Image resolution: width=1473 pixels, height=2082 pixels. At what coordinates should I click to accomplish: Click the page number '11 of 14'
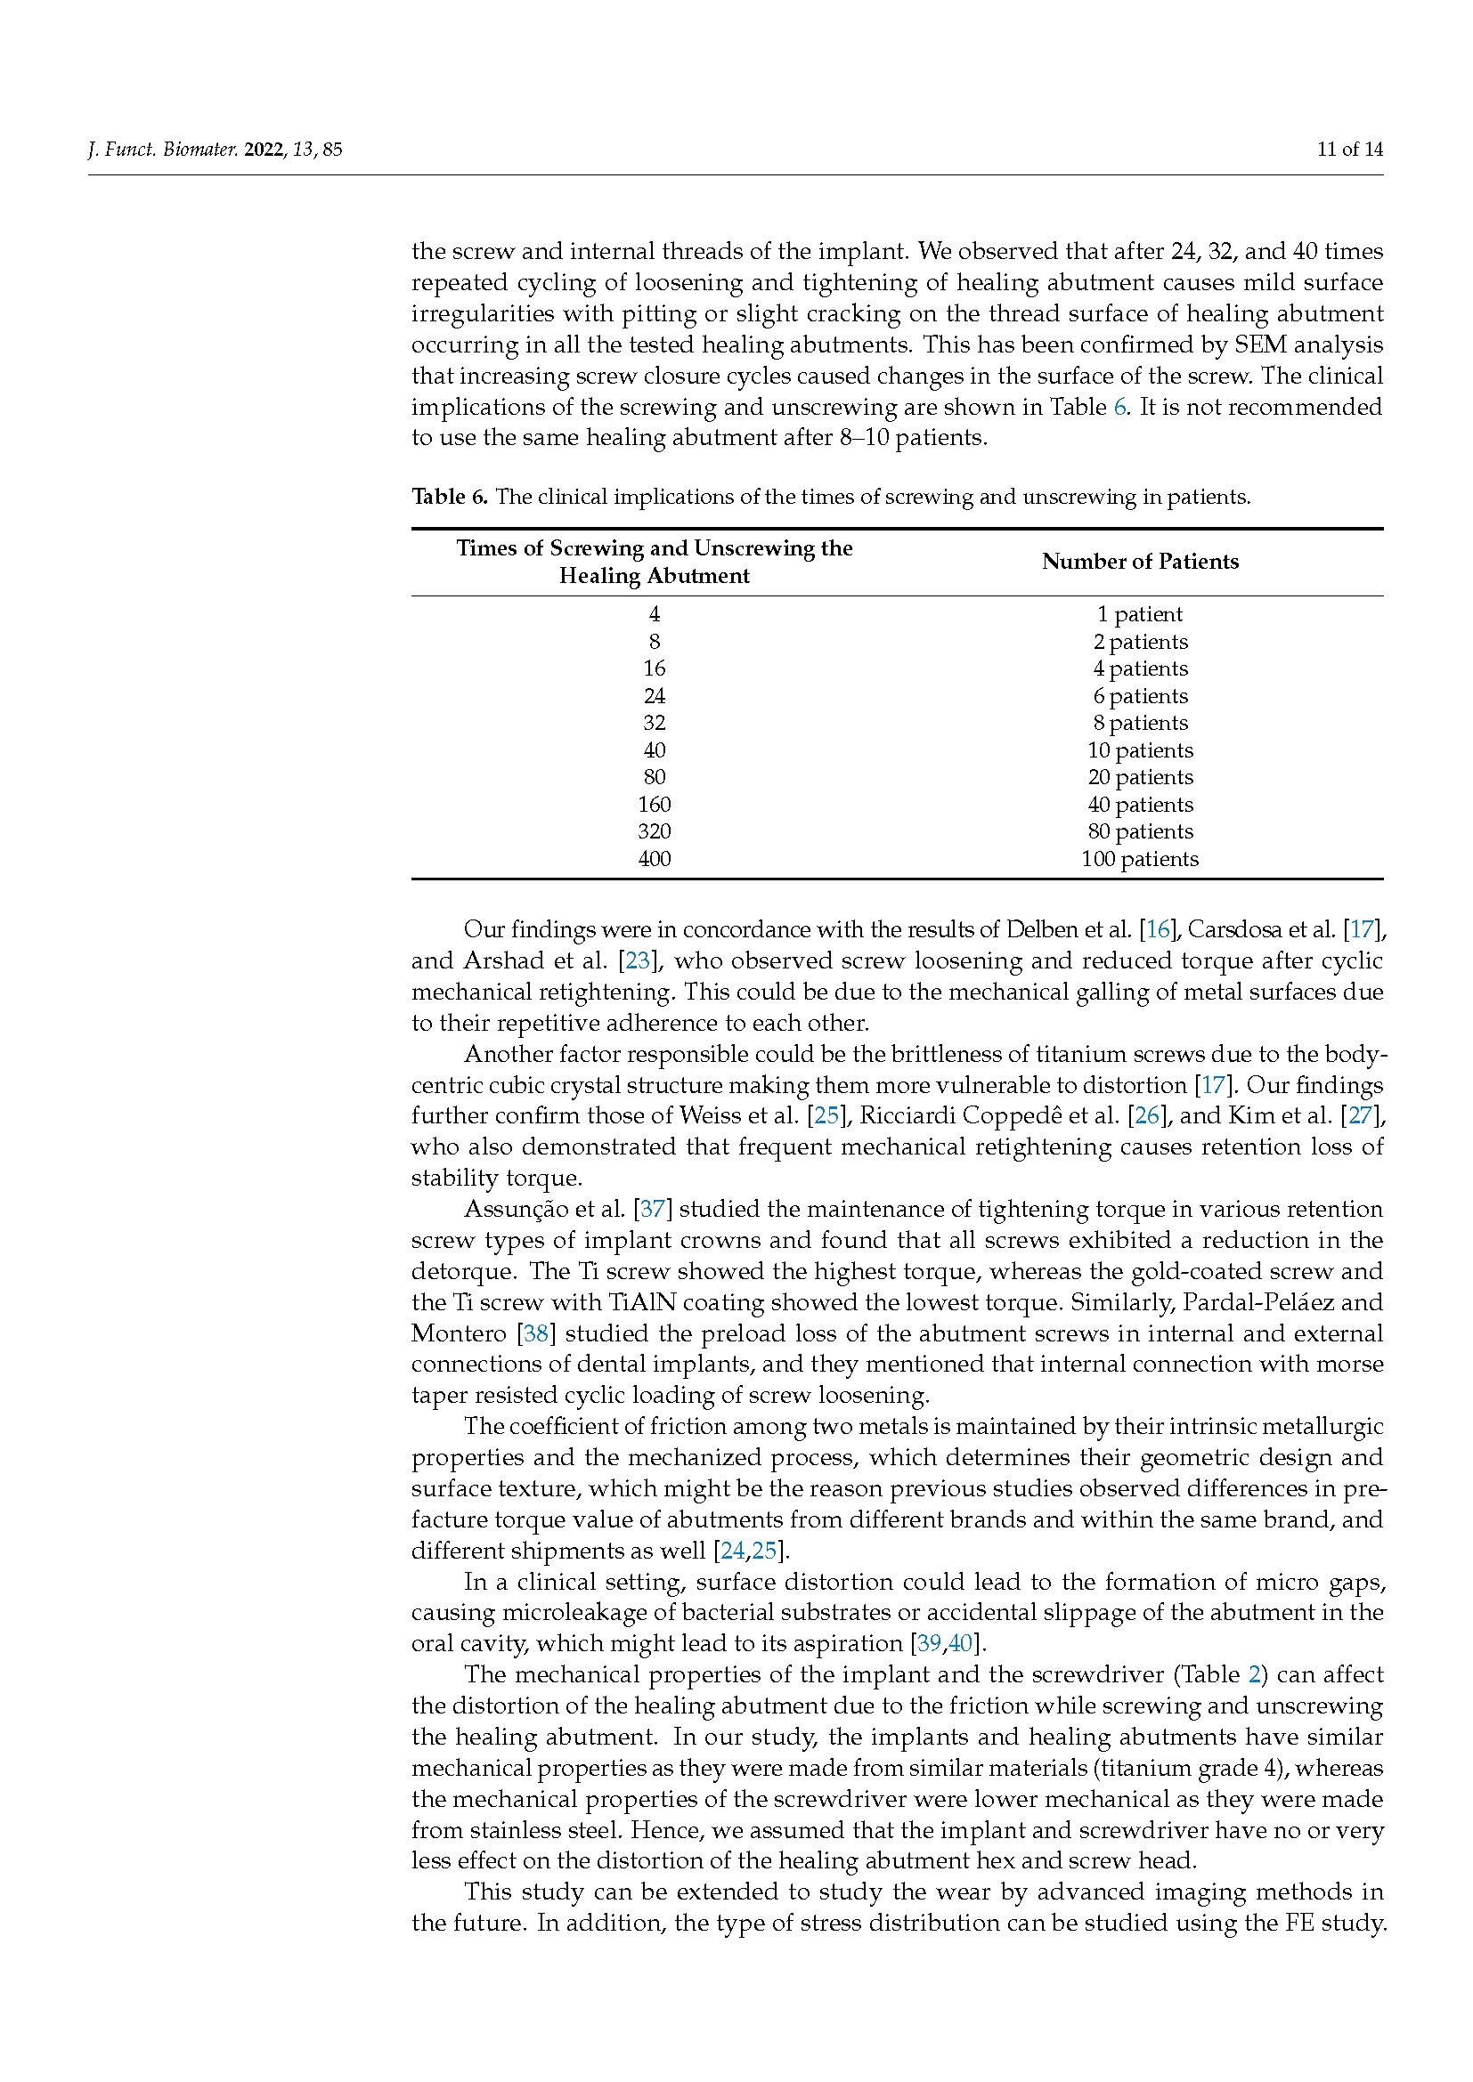1349,150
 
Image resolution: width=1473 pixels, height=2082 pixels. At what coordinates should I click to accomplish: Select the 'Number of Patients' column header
1140,562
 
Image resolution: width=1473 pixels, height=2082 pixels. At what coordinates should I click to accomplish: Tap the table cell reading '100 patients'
1140,859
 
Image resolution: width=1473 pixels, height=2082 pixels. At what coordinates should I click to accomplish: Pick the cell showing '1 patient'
1140,614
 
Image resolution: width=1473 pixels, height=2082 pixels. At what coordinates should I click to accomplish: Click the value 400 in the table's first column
654,859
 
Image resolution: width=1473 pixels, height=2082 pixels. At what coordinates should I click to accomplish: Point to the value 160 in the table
654,805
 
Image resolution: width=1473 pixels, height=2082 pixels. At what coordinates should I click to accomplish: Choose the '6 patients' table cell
1140,695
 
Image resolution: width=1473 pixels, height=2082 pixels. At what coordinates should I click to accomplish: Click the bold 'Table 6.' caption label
450,497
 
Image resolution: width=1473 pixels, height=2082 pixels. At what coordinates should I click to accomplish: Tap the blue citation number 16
1158,929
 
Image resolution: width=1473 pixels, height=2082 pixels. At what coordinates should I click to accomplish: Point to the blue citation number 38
536,1333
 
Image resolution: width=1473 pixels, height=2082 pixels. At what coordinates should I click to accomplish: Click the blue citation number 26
1147,1115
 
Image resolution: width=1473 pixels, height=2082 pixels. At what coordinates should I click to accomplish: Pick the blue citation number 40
961,1643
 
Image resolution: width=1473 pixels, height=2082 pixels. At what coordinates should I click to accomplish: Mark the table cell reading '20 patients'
1140,777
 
